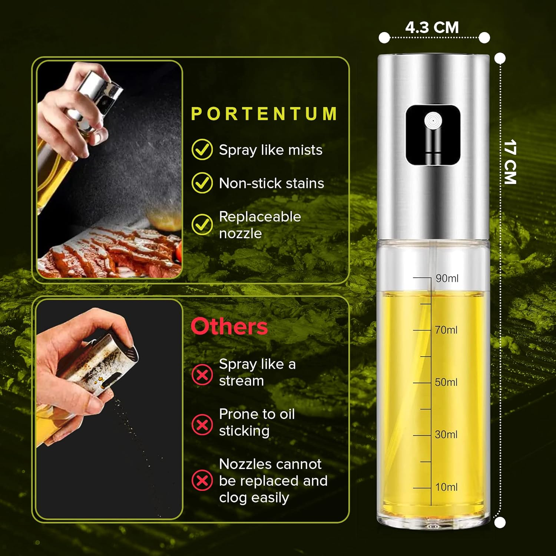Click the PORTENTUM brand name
(x=264, y=114)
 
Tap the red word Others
(x=229, y=327)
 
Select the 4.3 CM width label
(x=432, y=27)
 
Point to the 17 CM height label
(x=510, y=162)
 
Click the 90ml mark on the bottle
(x=447, y=278)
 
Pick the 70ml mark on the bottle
(x=446, y=330)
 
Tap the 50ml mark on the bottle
(x=446, y=382)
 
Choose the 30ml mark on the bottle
(x=446, y=434)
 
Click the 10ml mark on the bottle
(x=446, y=487)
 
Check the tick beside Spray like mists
(x=202, y=149)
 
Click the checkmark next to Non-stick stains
(x=202, y=183)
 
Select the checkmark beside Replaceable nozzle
(x=202, y=224)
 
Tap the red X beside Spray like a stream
(x=202, y=375)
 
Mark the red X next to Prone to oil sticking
(x=202, y=424)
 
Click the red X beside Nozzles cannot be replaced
(x=202, y=480)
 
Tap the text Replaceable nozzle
(x=259, y=225)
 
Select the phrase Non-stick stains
(x=271, y=183)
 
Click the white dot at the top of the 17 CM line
(x=500, y=58)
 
